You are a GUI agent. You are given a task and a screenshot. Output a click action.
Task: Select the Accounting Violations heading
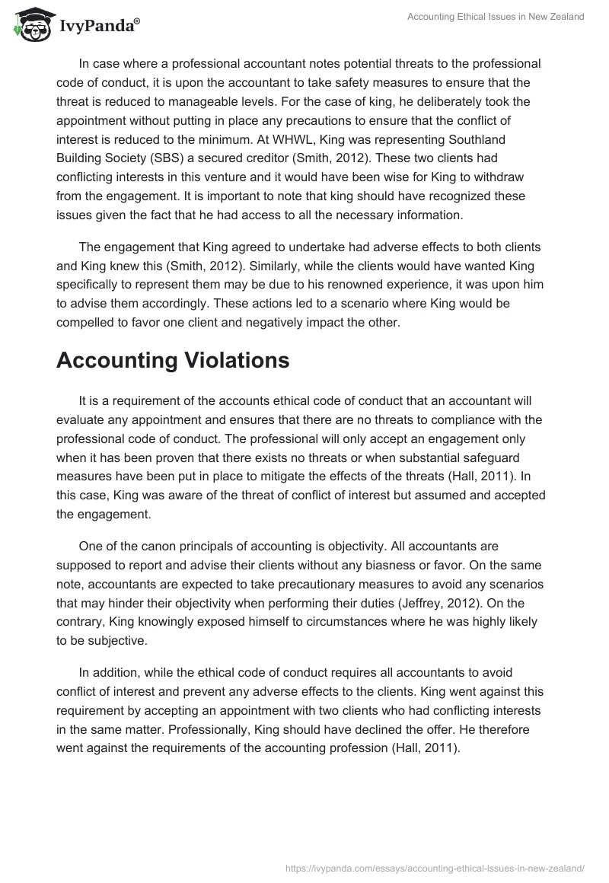coord(173,360)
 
